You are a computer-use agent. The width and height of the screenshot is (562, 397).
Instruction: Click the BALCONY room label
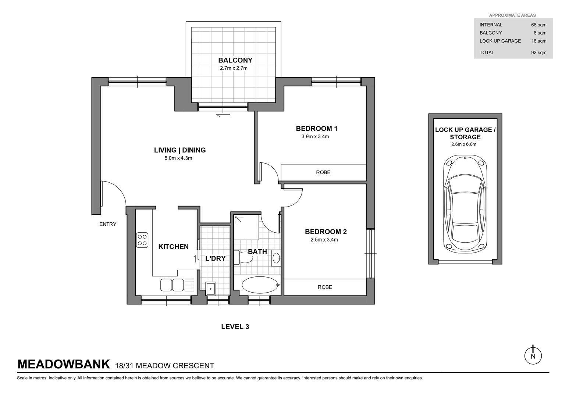235,60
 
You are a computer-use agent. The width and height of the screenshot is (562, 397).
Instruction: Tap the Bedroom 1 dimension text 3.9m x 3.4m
315,137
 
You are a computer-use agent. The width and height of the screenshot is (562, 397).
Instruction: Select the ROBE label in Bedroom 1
323,172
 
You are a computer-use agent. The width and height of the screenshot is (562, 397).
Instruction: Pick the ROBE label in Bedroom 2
325,287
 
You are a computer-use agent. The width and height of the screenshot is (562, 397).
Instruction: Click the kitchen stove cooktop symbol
142,240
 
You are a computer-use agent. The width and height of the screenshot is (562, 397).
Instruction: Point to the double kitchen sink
172,285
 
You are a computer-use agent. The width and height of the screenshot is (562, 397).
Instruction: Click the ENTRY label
108,224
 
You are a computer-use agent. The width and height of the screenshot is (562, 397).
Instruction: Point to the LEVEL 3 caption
235,326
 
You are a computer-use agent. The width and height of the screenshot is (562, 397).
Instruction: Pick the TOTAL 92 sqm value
539,53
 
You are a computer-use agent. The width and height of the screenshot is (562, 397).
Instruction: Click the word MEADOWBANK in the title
64,364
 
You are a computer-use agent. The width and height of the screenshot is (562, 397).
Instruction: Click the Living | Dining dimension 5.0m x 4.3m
178,158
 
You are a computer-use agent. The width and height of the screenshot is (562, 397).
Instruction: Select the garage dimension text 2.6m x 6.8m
464,144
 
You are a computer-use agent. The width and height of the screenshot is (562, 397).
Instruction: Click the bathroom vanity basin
276,258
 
